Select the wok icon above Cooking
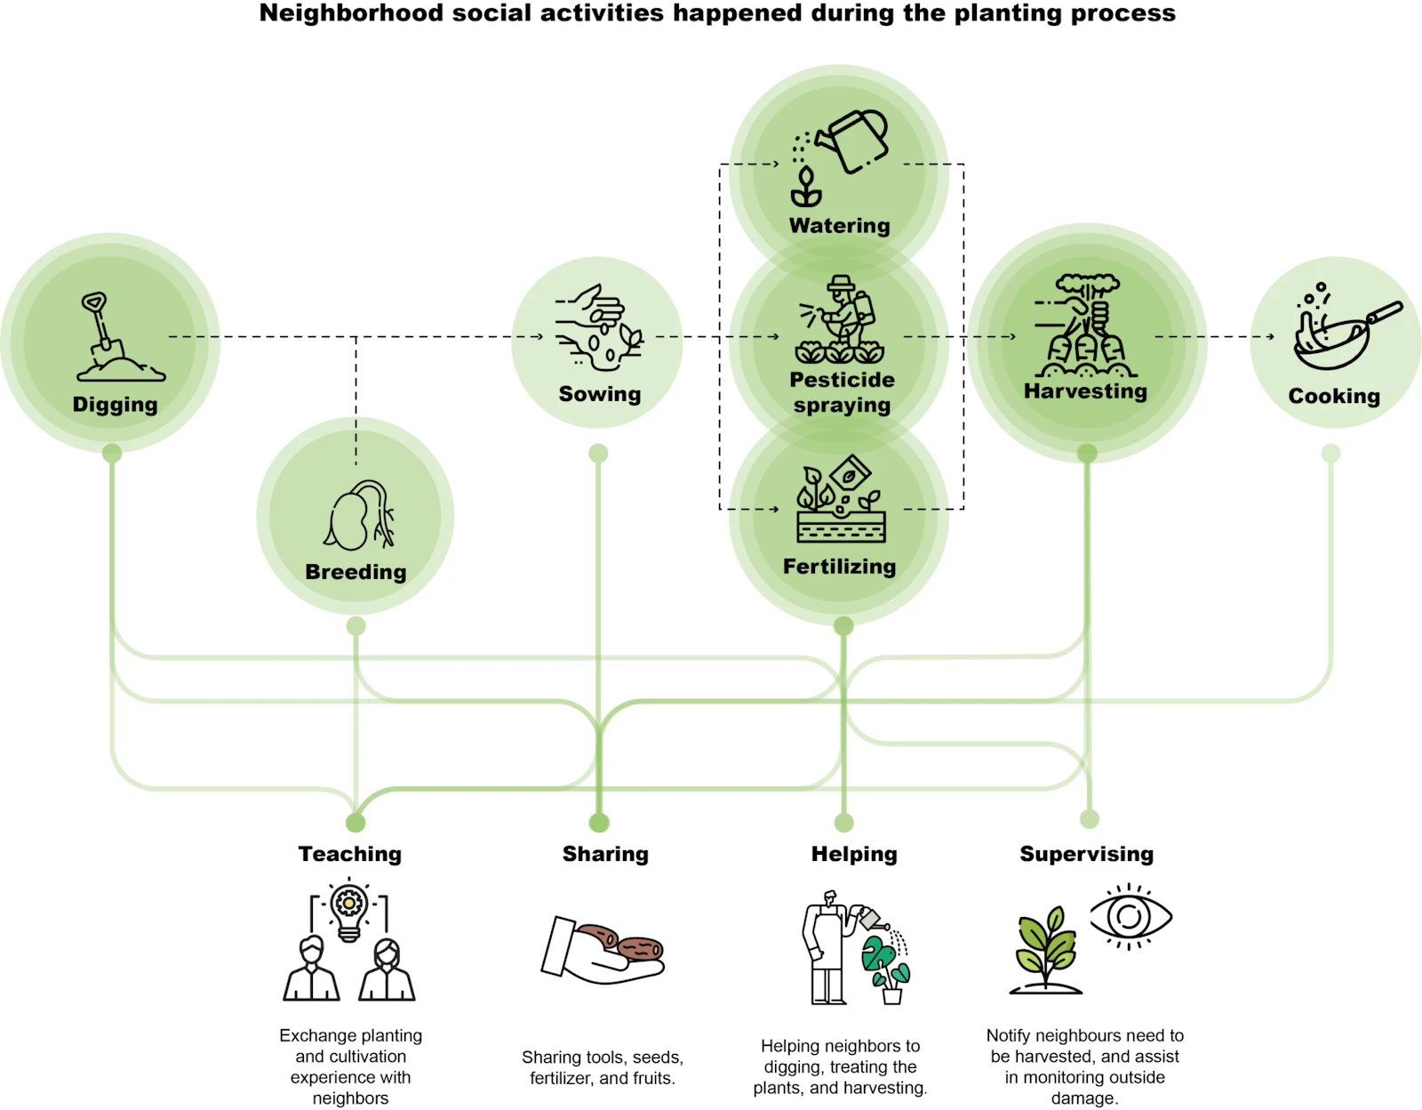pos(1342,334)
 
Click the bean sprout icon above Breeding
pos(359,516)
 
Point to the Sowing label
pos(599,394)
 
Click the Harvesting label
pos(1085,391)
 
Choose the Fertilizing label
pos(839,567)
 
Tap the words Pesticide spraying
pos(842,392)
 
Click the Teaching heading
pos(349,854)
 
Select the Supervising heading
pos(1086,854)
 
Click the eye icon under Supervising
pos(1130,916)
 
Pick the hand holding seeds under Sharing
pos(603,951)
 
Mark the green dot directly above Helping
pos(843,823)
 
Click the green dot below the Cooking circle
pos(1330,454)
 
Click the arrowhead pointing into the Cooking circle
pos(1271,336)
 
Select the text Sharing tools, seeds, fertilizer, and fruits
pos(602,1067)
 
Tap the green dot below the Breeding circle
pos(356,626)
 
